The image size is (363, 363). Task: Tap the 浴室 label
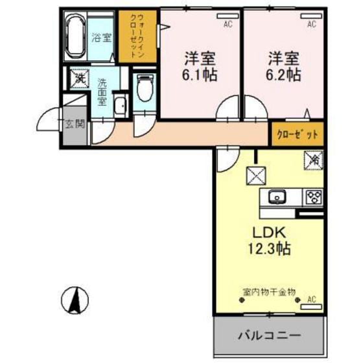[102, 38]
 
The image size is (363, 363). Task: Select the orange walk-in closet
[138, 36]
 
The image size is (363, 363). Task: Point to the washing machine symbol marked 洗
[79, 79]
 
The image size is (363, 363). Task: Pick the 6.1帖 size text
[199, 74]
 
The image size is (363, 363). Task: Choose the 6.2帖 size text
[283, 74]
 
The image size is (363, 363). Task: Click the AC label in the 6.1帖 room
[228, 25]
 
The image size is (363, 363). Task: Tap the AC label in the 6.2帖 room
[312, 25]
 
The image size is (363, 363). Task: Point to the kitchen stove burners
[314, 196]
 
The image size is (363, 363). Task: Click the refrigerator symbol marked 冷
[312, 158]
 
